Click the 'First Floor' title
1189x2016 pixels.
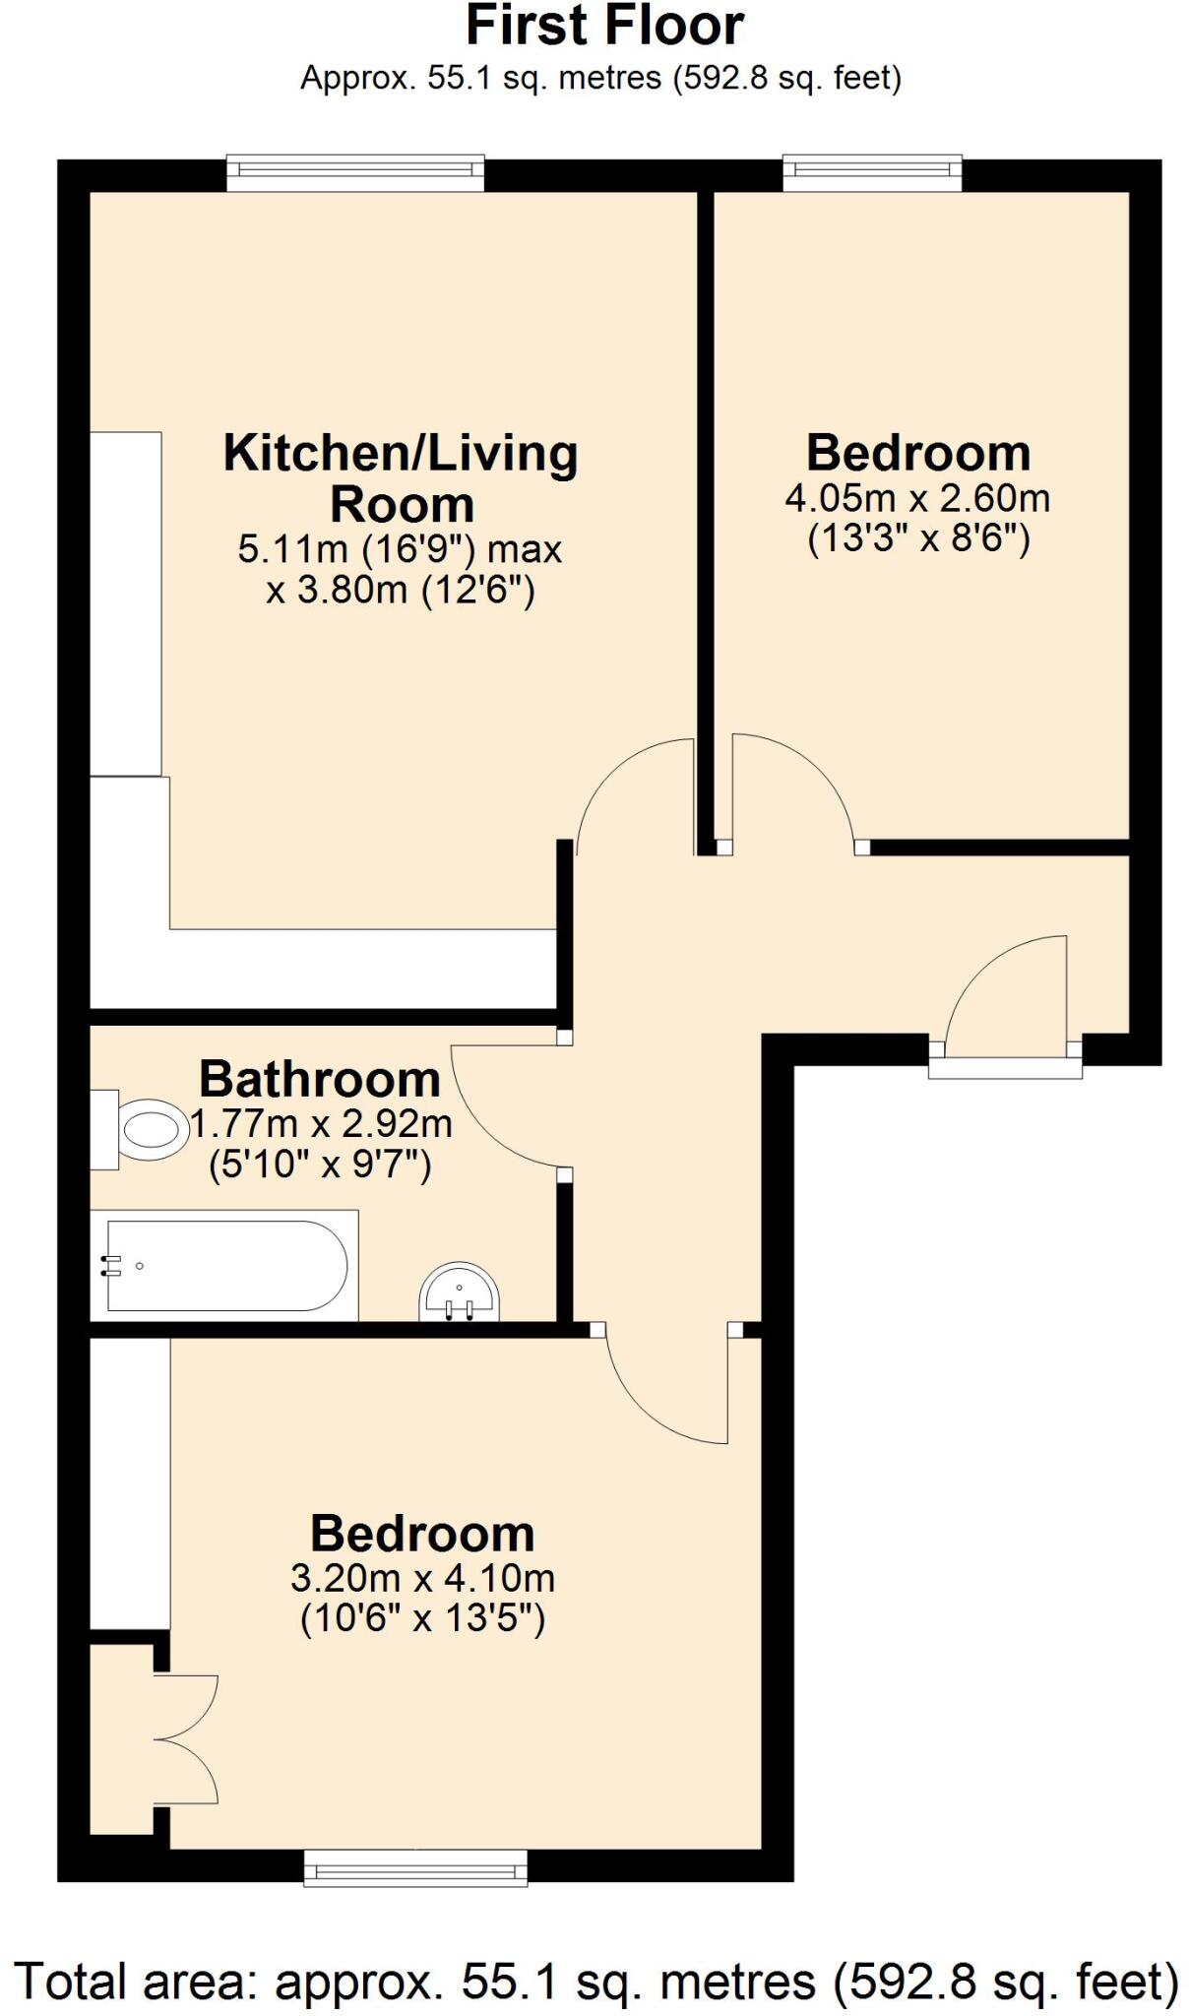coord(603,27)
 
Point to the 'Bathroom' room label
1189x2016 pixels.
coord(319,1079)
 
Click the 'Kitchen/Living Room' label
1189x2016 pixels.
coord(401,478)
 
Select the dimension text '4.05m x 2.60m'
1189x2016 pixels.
coord(916,499)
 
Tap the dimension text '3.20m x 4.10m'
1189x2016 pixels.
coord(422,1578)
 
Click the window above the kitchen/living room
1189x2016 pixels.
coord(355,173)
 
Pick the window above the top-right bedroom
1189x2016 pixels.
coord(872,173)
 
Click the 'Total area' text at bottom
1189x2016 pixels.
coord(596,1981)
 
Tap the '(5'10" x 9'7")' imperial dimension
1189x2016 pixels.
coord(320,1165)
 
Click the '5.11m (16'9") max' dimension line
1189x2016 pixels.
coord(400,549)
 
